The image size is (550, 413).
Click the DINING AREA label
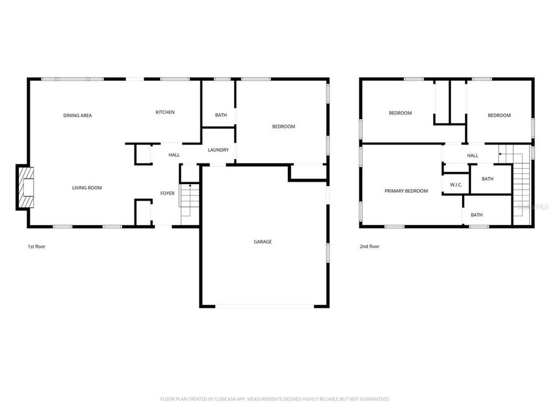[78, 115]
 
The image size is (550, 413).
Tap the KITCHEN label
[165, 112]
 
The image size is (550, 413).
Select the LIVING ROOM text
[87, 188]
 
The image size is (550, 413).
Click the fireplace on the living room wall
[24, 188]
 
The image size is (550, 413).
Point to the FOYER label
[167, 193]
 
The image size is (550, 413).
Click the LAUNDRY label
[218, 150]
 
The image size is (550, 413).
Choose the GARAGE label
[263, 242]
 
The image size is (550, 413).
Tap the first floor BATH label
[221, 115]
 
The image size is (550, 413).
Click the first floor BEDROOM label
[284, 127]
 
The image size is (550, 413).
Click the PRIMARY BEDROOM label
[406, 191]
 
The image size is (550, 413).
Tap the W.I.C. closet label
[455, 184]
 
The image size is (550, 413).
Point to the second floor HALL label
[472, 155]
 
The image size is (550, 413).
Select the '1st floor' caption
[37, 247]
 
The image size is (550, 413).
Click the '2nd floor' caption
[370, 247]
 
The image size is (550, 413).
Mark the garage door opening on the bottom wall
[264, 306]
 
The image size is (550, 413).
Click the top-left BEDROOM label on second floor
[400, 113]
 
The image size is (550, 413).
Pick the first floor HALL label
[174, 155]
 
